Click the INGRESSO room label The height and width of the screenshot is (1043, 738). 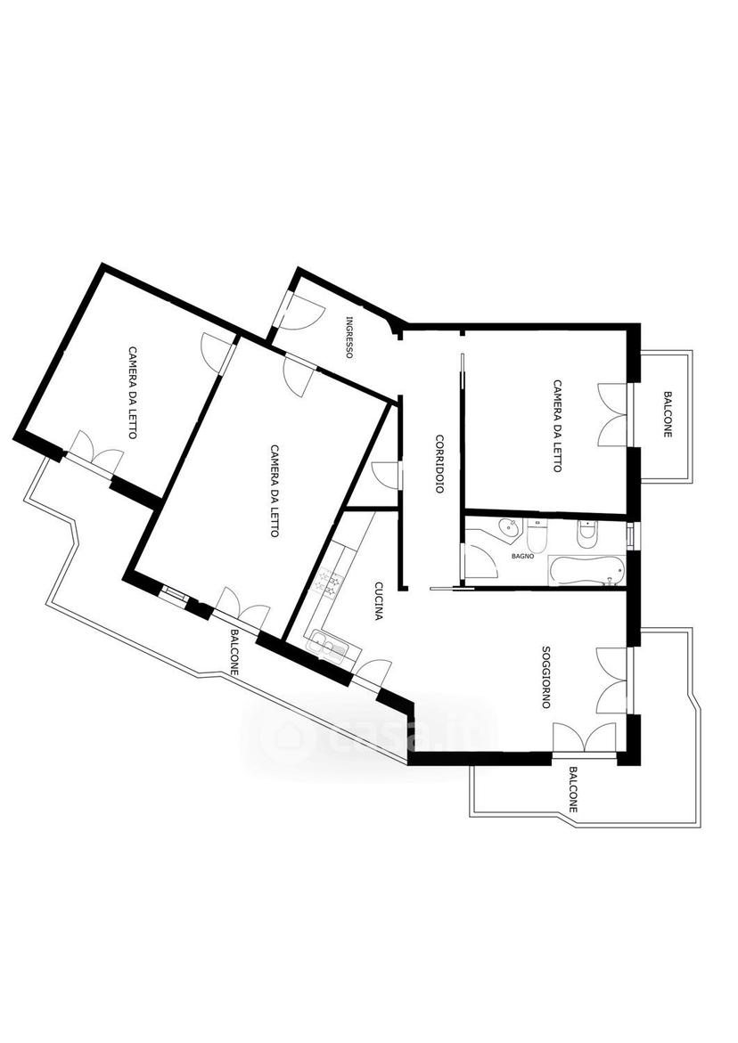tap(348, 337)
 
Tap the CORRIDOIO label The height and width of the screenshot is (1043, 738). tap(440, 464)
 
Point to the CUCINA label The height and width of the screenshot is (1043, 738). tap(378, 600)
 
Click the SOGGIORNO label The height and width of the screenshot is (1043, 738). tap(545, 677)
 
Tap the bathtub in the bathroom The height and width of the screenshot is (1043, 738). tap(586, 571)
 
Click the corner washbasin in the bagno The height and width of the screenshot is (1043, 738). tap(508, 528)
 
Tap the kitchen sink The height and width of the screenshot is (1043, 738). tap(327, 644)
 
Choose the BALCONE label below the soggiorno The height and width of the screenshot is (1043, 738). tap(573, 789)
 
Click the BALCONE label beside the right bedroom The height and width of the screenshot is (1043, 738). tap(668, 414)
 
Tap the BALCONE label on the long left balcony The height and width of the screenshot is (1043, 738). tap(234, 653)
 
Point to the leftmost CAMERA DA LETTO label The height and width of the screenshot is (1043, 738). tap(133, 392)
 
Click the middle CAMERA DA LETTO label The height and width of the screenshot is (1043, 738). tap(275, 490)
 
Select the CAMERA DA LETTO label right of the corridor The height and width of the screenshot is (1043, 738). tap(557, 426)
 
